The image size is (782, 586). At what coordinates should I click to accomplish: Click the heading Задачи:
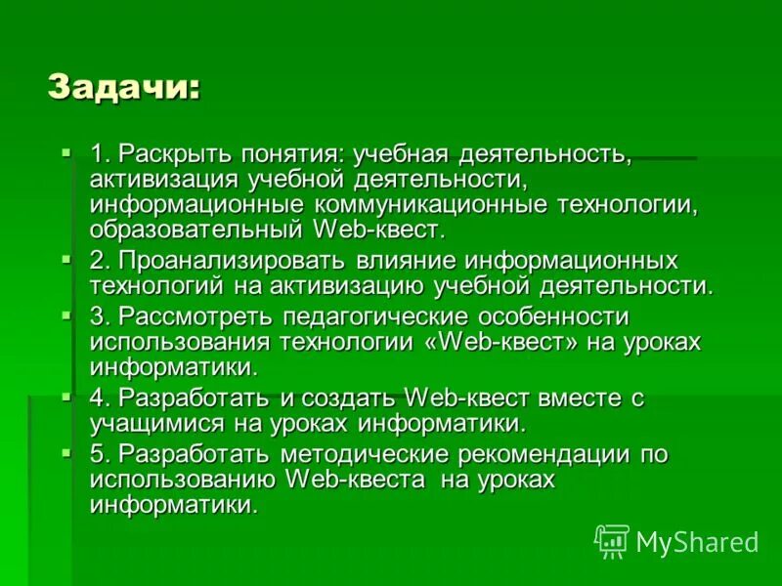[124, 87]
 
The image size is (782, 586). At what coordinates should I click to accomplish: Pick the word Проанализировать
[231, 262]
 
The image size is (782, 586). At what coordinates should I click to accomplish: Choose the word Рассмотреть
[195, 316]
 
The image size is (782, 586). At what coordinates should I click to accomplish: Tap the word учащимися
[146, 424]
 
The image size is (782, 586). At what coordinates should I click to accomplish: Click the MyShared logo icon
[612, 540]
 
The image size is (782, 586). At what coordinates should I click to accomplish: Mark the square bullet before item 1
[65, 153]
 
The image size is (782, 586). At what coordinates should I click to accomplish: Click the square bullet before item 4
[65, 397]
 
